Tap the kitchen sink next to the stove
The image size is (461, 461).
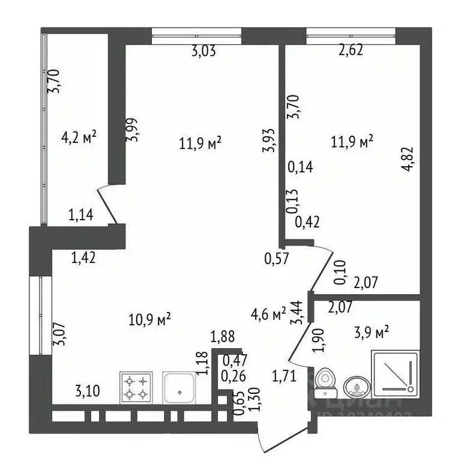click(178, 387)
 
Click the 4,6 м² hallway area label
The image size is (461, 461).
click(268, 314)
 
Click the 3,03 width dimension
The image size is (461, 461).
click(203, 52)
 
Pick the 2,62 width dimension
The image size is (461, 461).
click(351, 52)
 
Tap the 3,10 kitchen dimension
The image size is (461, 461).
click(87, 392)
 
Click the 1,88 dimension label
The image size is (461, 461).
click(222, 337)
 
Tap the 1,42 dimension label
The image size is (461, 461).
click(83, 259)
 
